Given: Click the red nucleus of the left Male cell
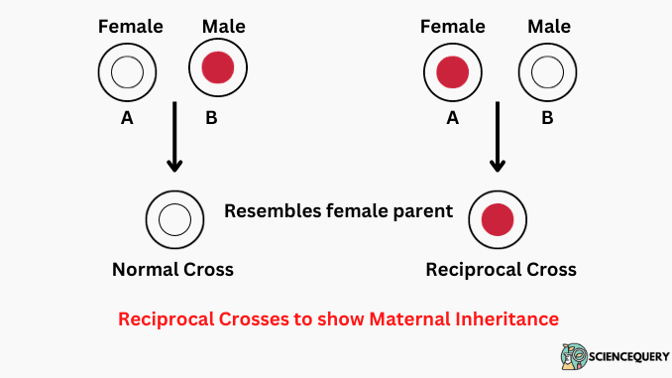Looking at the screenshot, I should click(x=218, y=68).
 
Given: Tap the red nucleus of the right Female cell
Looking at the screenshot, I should click(x=452, y=71).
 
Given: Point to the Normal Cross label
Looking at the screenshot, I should click(x=173, y=269).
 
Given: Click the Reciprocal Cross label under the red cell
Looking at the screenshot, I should click(x=501, y=269).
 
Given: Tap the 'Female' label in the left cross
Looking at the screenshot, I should click(x=130, y=25).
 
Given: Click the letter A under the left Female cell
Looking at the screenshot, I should click(x=127, y=118).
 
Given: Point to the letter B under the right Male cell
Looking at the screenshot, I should click(x=547, y=118).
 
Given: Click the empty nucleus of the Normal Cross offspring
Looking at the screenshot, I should click(x=174, y=217).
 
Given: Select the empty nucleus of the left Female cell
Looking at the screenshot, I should click(x=127, y=71).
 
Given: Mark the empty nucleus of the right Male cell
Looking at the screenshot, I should click(x=547, y=71).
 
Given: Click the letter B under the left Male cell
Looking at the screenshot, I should click(x=210, y=118).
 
